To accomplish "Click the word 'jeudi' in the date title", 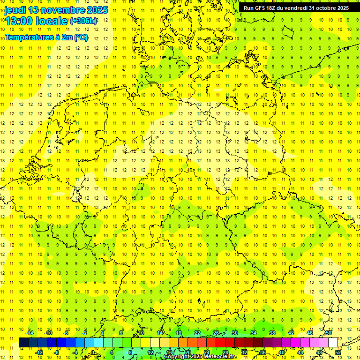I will (x=15, y=10).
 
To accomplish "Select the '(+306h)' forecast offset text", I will (x=83, y=21).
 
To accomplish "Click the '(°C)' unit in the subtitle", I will (x=81, y=37).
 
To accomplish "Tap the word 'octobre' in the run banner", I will (x=324, y=8).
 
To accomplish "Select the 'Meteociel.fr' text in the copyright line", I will (x=220, y=357).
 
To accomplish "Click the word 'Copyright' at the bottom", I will (x=178, y=357).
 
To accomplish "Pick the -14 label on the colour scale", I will (x=30, y=333).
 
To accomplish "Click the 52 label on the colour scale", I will (x=338, y=352).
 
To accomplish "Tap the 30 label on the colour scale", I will (x=234, y=333).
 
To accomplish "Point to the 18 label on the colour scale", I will (x=179, y=333).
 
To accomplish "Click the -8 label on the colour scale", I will (x=56, y=352).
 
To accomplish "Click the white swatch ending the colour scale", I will (x=333, y=343).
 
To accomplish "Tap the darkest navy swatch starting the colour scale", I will (x=23, y=343).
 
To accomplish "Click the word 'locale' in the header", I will (x=52, y=21).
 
